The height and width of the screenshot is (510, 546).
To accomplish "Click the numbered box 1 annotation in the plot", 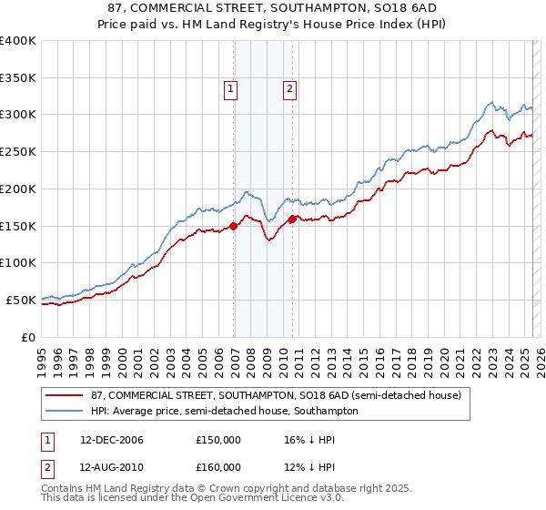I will point(231,89).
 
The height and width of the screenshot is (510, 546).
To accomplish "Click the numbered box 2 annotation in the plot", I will point(289,89).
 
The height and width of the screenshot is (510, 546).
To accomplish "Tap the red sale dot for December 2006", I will point(234,226).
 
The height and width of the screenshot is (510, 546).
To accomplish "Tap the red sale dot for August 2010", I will point(292,219).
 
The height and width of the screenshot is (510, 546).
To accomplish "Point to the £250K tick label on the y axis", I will point(18,152).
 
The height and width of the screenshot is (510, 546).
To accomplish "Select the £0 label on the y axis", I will point(28,337).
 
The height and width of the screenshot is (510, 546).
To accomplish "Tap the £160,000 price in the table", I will point(218,467).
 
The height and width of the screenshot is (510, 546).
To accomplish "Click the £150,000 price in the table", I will point(218,440).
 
